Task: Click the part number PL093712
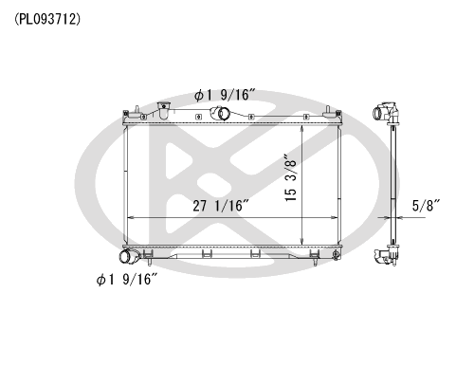tap(47, 20)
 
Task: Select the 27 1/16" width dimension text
tap(222, 206)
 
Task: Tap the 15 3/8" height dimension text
tap(291, 178)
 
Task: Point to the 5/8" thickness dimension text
tap(427, 206)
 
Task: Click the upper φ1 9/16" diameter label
tap(225, 95)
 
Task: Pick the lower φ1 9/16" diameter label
tap(127, 280)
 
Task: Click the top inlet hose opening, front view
tap(224, 113)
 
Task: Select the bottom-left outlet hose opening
tap(125, 256)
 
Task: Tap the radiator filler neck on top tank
tap(163, 110)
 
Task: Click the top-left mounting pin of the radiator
tap(137, 111)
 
